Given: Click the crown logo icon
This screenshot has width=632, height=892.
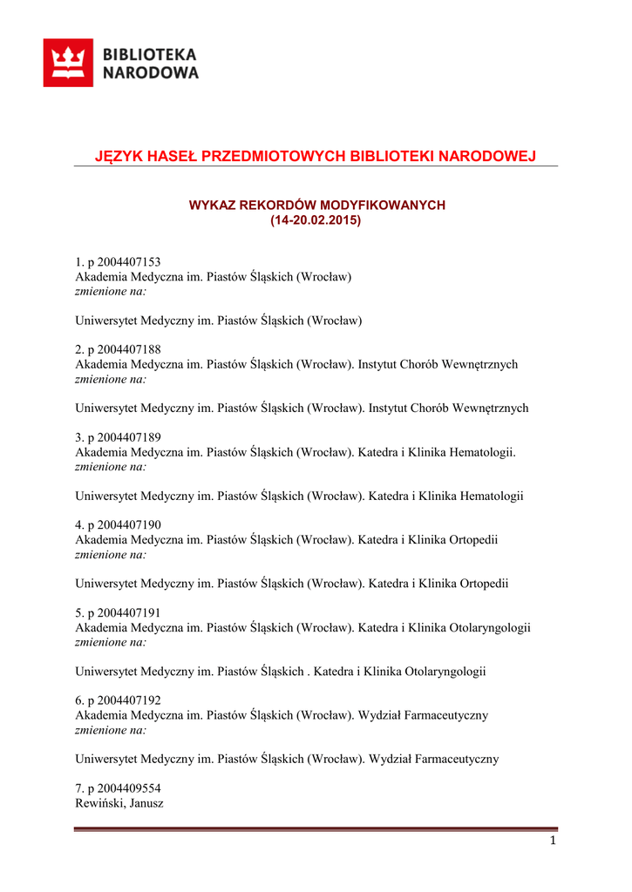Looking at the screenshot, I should click(x=68, y=63).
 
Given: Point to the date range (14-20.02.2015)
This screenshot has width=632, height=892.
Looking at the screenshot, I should click(x=316, y=220).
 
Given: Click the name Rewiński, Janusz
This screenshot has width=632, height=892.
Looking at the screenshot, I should click(x=119, y=803).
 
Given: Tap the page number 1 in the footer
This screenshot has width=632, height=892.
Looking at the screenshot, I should click(x=553, y=841).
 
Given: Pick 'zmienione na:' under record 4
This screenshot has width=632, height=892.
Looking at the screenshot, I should click(x=111, y=554).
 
